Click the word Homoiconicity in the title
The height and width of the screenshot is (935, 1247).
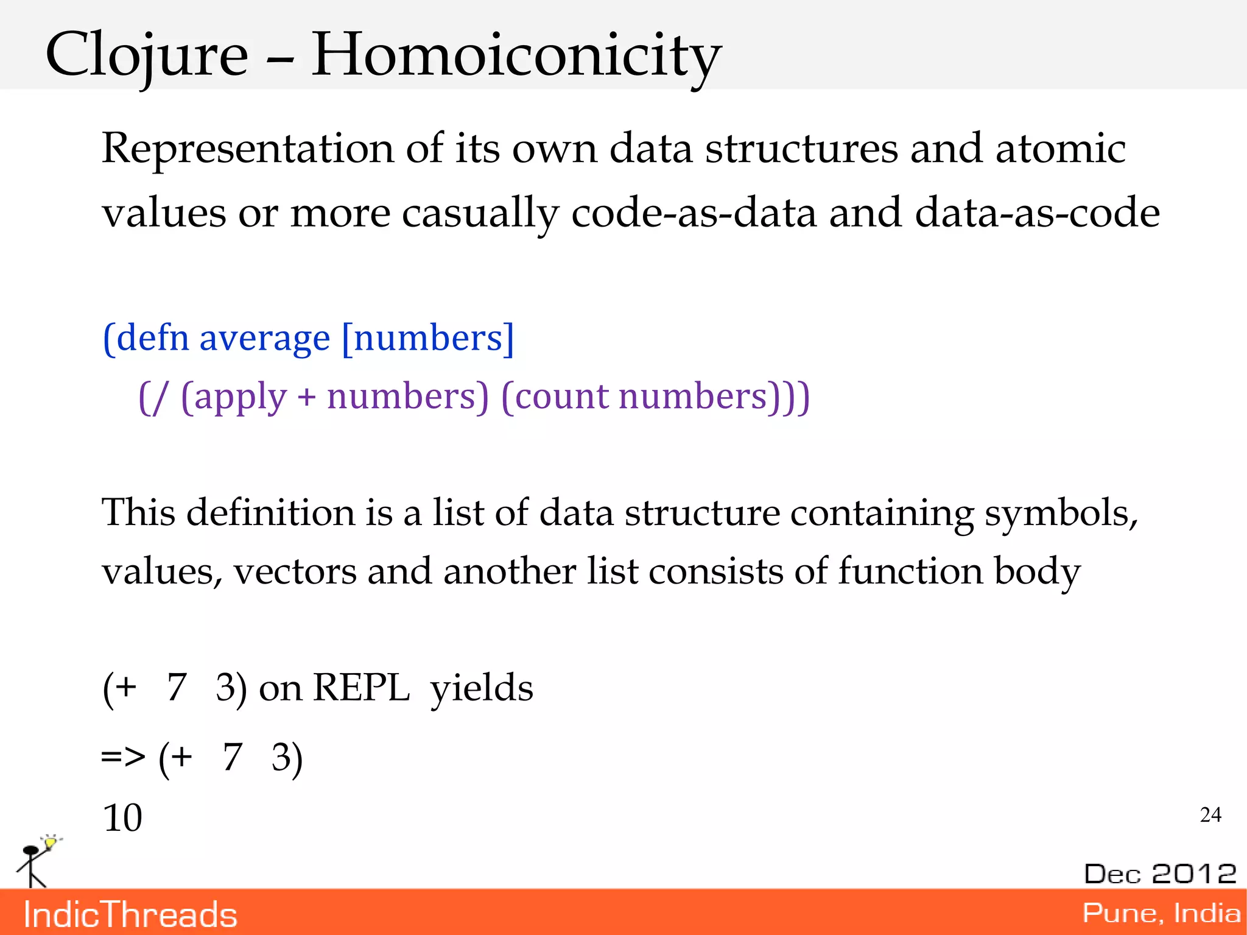(516, 56)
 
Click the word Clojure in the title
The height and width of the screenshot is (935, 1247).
(147, 56)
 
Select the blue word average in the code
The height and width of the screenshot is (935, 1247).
(264, 338)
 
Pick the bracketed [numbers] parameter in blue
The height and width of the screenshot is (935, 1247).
(427, 338)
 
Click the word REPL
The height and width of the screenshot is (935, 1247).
(360, 688)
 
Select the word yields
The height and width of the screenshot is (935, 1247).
(481, 688)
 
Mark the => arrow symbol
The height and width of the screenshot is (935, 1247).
(123, 758)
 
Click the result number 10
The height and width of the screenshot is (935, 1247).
(122, 818)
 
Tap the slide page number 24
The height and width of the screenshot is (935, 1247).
(1210, 815)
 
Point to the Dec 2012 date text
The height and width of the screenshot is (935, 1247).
(1160, 873)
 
